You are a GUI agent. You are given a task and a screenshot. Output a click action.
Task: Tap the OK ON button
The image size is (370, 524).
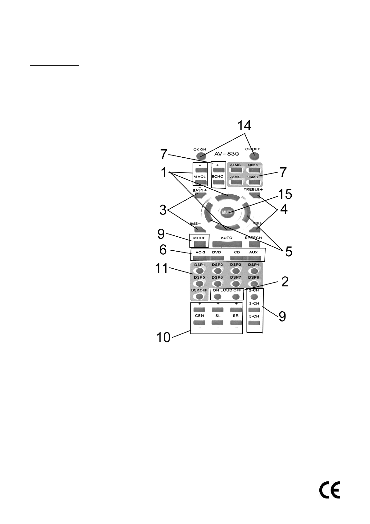coord(200,155)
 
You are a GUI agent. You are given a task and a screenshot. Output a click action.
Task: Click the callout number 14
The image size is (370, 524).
coord(244,126)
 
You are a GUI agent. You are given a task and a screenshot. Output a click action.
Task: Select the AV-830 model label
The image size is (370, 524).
coord(226,154)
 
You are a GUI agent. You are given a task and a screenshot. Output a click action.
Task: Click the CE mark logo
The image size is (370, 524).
coord(330,490)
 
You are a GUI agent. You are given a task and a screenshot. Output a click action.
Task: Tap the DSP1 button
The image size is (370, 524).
coord(200,271)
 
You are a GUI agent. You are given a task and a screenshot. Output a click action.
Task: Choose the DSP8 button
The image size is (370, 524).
coord(254,283)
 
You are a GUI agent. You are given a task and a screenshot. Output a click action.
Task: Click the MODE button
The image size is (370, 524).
coord(199,244)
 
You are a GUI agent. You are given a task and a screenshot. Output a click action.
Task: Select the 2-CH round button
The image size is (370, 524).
coord(254,296)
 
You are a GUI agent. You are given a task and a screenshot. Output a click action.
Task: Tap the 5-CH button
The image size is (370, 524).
coord(254,322)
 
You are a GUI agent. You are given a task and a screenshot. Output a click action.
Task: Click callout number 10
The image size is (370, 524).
coord(163,337)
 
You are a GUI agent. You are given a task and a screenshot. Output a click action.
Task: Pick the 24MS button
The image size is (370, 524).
coord(235,170)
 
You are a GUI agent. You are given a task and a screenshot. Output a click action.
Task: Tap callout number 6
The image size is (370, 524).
coord(163,249)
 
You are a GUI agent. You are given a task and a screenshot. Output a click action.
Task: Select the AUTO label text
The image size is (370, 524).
coord(226,238)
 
